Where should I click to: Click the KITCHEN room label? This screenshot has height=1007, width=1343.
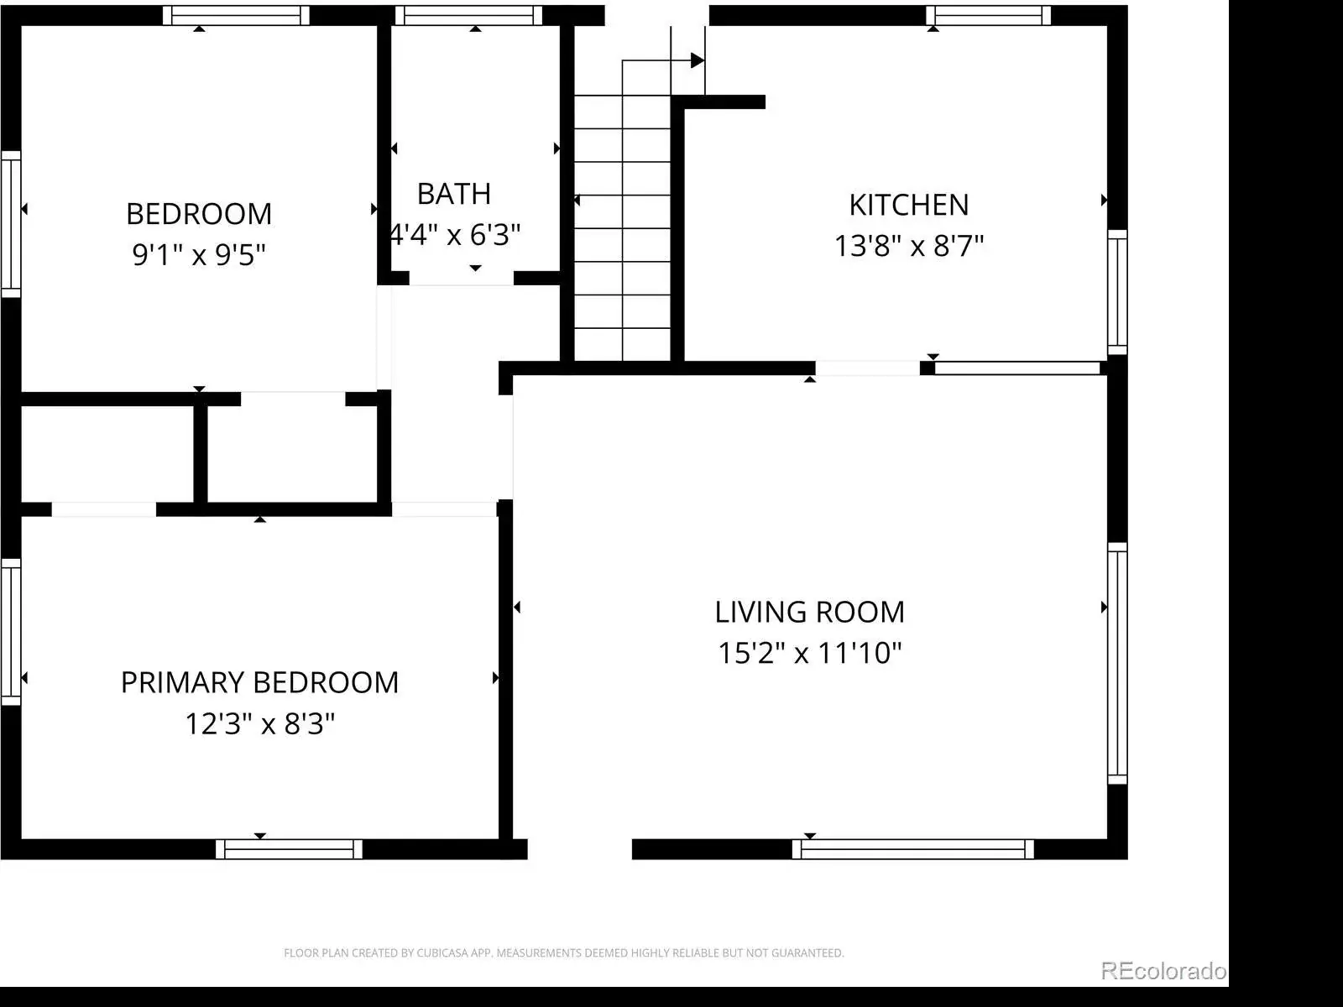(x=908, y=206)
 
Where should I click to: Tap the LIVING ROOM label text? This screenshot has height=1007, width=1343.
(x=809, y=613)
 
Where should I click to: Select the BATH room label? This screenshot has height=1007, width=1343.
(x=454, y=195)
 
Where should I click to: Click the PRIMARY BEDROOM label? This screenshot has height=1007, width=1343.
(x=259, y=683)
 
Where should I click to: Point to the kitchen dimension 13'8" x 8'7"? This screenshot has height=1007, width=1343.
(x=908, y=247)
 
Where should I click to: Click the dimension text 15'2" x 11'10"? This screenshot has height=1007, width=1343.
(x=809, y=653)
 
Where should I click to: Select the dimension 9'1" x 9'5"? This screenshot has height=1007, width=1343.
(x=199, y=255)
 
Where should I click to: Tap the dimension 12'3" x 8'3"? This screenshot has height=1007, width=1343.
(x=259, y=724)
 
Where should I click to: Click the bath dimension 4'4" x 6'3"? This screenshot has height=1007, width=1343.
(x=455, y=235)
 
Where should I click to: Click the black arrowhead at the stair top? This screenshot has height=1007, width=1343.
(x=698, y=60)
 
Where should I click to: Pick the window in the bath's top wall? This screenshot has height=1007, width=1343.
(x=468, y=15)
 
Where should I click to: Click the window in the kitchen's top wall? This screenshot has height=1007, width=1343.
(x=988, y=15)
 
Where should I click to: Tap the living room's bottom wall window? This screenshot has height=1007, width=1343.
(x=913, y=849)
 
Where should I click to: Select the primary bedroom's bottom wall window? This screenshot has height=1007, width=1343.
(x=289, y=849)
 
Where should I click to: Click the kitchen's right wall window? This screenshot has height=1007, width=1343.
(x=1117, y=292)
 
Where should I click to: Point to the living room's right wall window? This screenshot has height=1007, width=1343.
(x=1117, y=664)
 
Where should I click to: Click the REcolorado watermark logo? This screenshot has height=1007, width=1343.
(x=1163, y=971)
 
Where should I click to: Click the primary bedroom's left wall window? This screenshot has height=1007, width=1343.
(x=11, y=632)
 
